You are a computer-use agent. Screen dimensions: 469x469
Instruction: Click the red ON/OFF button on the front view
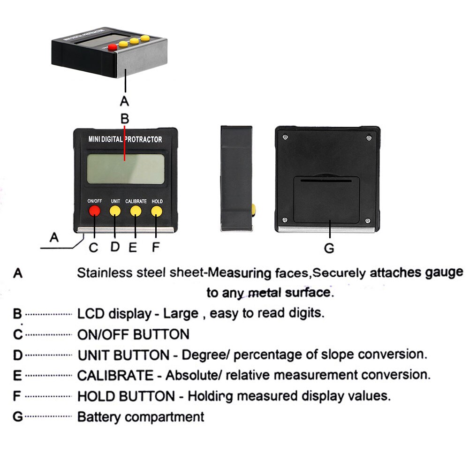pos(94,211)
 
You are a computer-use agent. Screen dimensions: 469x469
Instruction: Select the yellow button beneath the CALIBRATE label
pos(136,211)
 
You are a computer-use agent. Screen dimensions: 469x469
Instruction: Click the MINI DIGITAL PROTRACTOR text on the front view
pos(125,139)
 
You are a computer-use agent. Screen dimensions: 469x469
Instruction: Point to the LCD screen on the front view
pos(125,169)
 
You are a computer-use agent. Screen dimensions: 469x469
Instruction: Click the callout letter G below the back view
pos(329,248)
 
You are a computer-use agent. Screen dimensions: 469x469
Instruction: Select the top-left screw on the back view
pos(285,137)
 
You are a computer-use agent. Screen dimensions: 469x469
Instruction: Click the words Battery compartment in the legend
pos(141,416)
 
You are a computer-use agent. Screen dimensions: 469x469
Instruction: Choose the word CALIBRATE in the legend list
pos(115,375)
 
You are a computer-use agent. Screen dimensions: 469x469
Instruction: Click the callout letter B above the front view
pos(124,119)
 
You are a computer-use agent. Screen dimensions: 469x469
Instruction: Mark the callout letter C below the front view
pos(94,248)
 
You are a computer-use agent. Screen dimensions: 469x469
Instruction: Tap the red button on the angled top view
pos(112,47)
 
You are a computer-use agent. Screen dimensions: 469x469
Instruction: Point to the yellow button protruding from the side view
pos(254,211)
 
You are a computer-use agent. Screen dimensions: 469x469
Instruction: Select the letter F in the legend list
pos(17,396)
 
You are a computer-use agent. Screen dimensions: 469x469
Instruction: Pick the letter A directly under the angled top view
pos(124,100)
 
